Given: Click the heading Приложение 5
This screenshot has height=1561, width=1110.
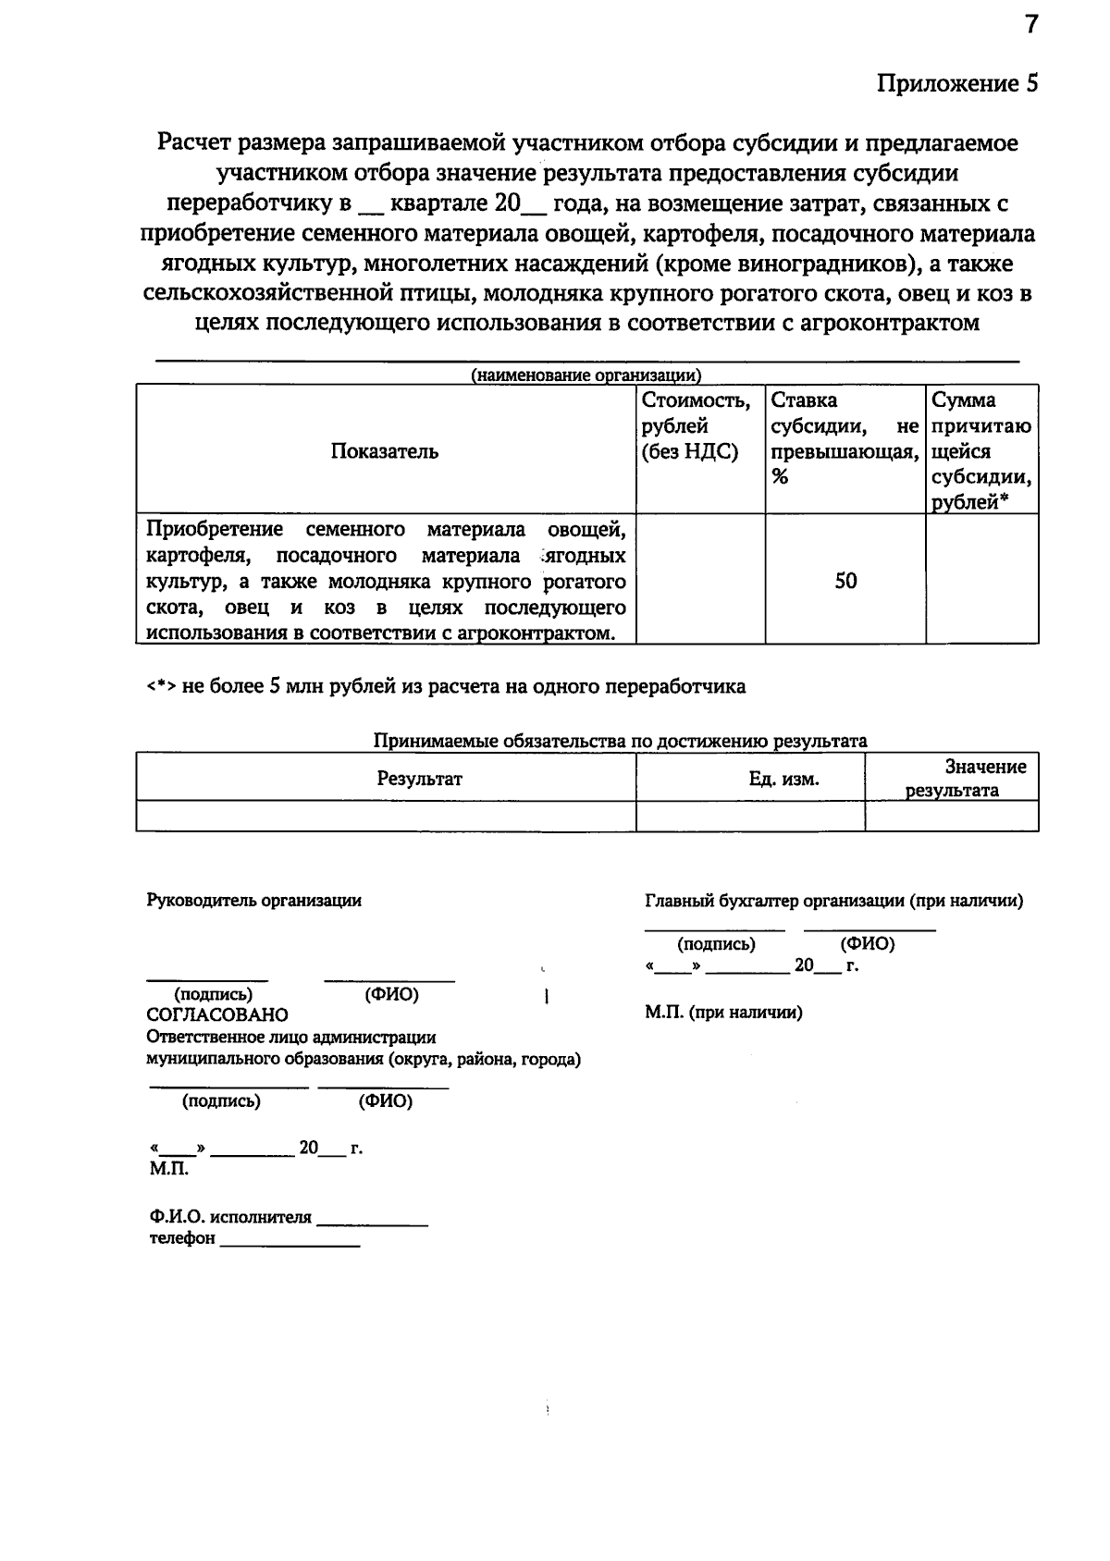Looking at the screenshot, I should point(957,84).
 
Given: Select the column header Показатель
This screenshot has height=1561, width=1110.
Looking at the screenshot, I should point(385,451).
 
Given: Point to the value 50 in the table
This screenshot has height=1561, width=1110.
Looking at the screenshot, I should point(845,581).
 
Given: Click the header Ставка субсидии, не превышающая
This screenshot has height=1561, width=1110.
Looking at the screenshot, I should point(845,438).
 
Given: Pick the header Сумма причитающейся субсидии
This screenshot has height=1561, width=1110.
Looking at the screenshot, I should point(981,451).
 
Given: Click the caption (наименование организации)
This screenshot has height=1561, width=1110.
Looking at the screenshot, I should point(586,375).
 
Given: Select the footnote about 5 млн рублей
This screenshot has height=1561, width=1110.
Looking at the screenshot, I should point(446,686).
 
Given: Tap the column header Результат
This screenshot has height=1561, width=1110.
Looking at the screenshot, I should point(419,779).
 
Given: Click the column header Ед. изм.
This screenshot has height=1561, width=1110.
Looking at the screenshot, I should point(783,779).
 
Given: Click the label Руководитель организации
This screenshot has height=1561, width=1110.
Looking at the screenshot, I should point(254,901).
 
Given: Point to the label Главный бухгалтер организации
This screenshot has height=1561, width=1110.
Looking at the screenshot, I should point(832,901).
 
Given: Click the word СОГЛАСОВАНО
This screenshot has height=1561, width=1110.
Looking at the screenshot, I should point(217,1014).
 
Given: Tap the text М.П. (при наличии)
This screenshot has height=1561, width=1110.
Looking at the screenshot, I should point(723,1013).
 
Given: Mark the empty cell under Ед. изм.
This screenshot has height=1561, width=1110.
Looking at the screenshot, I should point(750,816).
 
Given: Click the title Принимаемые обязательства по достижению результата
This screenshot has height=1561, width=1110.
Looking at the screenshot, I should point(620,741).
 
